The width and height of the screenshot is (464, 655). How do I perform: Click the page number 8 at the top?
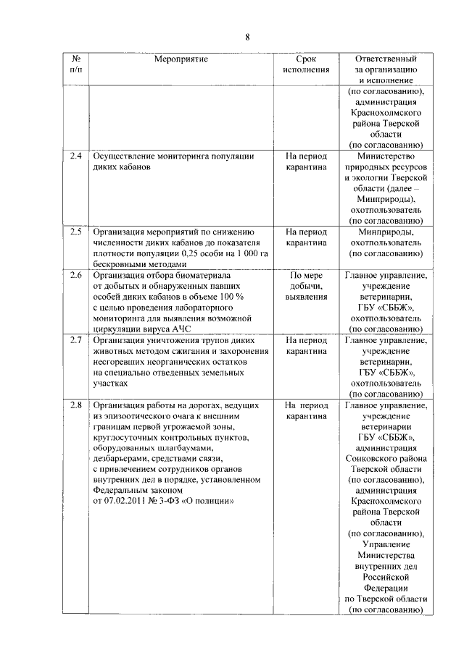click(246, 37)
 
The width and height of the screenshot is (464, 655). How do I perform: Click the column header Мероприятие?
click(181, 59)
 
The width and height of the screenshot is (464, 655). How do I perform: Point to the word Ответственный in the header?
click(385, 59)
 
